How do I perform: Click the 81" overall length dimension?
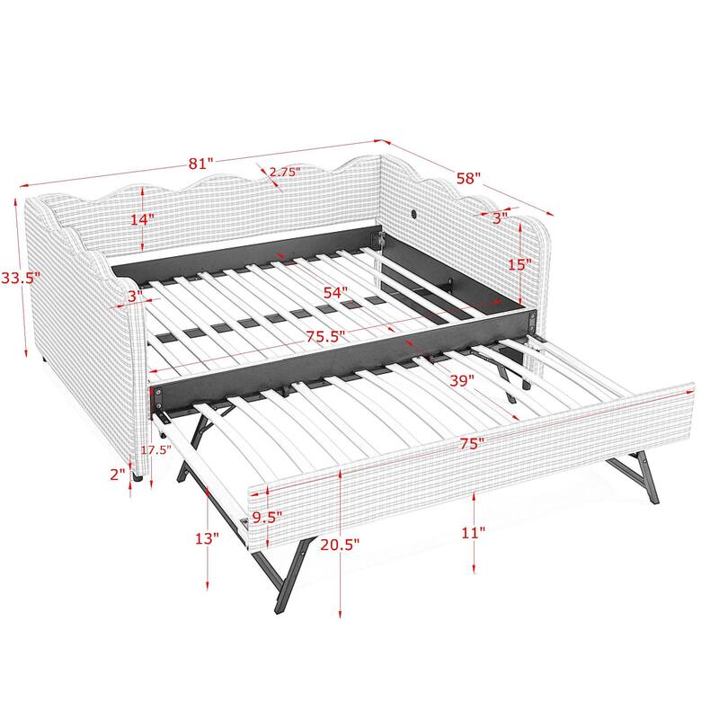click(x=200, y=164)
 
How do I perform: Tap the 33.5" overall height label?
click(x=20, y=278)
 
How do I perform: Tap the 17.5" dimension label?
click(x=157, y=451)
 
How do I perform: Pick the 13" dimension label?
click(x=206, y=539)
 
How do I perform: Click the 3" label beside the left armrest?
click(x=134, y=296)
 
